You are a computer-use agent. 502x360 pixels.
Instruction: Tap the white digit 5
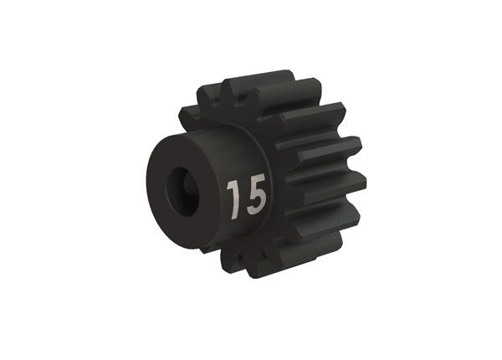point(256,194)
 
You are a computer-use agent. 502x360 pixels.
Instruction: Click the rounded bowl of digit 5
point(259,202)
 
